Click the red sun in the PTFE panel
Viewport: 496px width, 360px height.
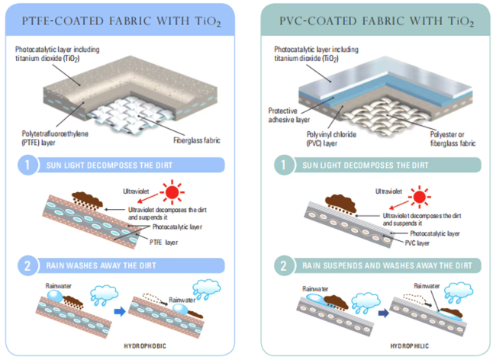pyautogui.click(x=172, y=192)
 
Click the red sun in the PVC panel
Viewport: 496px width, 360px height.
pyautogui.click(x=420, y=197)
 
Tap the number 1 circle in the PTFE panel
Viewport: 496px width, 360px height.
pyautogui.click(x=27, y=165)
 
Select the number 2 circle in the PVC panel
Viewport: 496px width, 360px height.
pyautogui.click(x=283, y=265)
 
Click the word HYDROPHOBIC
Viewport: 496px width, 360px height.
pyautogui.click(x=145, y=346)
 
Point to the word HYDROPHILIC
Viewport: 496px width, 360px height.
pyautogui.click(x=410, y=346)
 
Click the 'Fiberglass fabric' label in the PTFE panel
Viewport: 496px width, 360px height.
pyautogui.click(x=197, y=140)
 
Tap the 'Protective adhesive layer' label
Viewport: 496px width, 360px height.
pyautogui.click(x=289, y=115)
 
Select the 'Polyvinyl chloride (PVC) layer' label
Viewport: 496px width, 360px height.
pyautogui.click(x=331, y=139)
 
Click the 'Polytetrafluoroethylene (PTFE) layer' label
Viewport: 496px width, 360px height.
pyautogui.click(x=55, y=138)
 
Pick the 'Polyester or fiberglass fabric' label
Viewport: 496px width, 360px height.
pyautogui.click(x=453, y=139)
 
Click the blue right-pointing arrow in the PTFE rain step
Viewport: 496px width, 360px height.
pyautogui.click(x=120, y=312)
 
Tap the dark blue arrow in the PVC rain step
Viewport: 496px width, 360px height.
pyautogui.click(x=383, y=313)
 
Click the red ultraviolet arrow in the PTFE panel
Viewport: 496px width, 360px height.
pyautogui.click(x=148, y=198)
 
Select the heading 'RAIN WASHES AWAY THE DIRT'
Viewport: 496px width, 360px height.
pyautogui.click(x=101, y=265)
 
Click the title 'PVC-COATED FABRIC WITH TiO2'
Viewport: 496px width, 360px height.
pyautogui.click(x=376, y=21)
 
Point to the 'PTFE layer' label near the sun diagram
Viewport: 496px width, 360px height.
pyautogui.click(x=163, y=243)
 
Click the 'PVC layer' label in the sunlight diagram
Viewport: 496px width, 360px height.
pyautogui.click(x=417, y=243)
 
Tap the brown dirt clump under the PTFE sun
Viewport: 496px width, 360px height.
pyautogui.click(x=87, y=199)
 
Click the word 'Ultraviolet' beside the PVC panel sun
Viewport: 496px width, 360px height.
pyautogui.click(x=388, y=191)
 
